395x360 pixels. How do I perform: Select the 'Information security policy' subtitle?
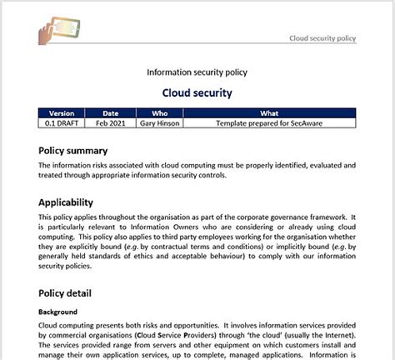point(197,72)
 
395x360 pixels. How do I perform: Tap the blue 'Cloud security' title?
point(197,92)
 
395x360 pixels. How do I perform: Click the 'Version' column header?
point(62,113)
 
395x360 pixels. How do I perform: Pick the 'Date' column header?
point(110,113)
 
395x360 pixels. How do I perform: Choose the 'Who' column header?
point(159,113)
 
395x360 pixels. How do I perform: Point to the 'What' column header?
point(269,113)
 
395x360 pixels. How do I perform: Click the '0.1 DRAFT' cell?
point(62,123)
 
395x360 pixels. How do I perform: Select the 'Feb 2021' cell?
point(110,123)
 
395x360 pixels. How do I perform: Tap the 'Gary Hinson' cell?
point(159,123)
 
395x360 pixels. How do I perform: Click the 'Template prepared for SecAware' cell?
point(269,123)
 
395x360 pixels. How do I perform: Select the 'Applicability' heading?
point(77,202)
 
